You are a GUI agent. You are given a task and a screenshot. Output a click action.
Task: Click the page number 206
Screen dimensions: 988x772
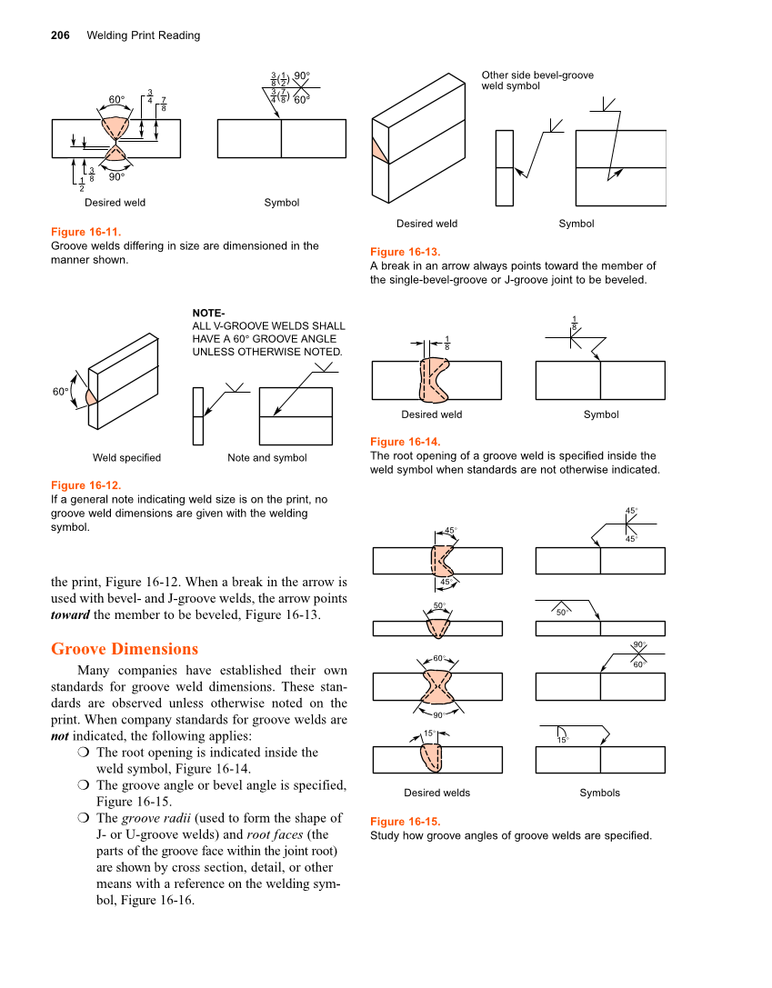pyautogui.click(x=61, y=35)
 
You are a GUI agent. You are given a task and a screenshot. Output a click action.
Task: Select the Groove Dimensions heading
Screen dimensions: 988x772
pyautogui.click(x=125, y=649)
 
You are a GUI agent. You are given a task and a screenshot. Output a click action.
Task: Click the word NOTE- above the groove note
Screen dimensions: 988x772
pyautogui.click(x=209, y=314)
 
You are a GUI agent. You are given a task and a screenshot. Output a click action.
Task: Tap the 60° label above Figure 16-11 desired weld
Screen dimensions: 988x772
pyautogui.click(x=116, y=99)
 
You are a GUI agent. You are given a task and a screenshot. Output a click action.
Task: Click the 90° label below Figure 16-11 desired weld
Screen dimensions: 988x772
pyautogui.click(x=116, y=177)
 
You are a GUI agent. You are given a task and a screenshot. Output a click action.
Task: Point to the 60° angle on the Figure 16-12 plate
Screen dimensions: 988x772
pyautogui.click(x=60, y=392)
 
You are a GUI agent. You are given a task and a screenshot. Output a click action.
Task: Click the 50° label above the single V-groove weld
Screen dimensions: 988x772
pyautogui.click(x=438, y=605)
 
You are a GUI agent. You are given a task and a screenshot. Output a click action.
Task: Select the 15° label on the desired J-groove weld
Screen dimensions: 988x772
pyautogui.click(x=428, y=734)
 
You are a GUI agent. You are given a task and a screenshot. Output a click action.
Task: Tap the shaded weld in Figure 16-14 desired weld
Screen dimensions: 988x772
pyautogui.click(x=433, y=379)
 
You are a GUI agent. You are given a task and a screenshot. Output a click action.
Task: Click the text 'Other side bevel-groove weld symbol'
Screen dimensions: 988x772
pyautogui.click(x=537, y=80)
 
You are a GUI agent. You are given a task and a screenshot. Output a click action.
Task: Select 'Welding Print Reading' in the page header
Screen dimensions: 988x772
pyautogui.click(x=144, y=35)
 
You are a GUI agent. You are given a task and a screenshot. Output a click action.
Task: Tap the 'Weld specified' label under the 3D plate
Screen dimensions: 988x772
pyautogui.click(x=126, y=458)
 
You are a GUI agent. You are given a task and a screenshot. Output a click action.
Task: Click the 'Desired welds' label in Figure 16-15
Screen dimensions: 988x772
pyautogui.click(x=436, y=793)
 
